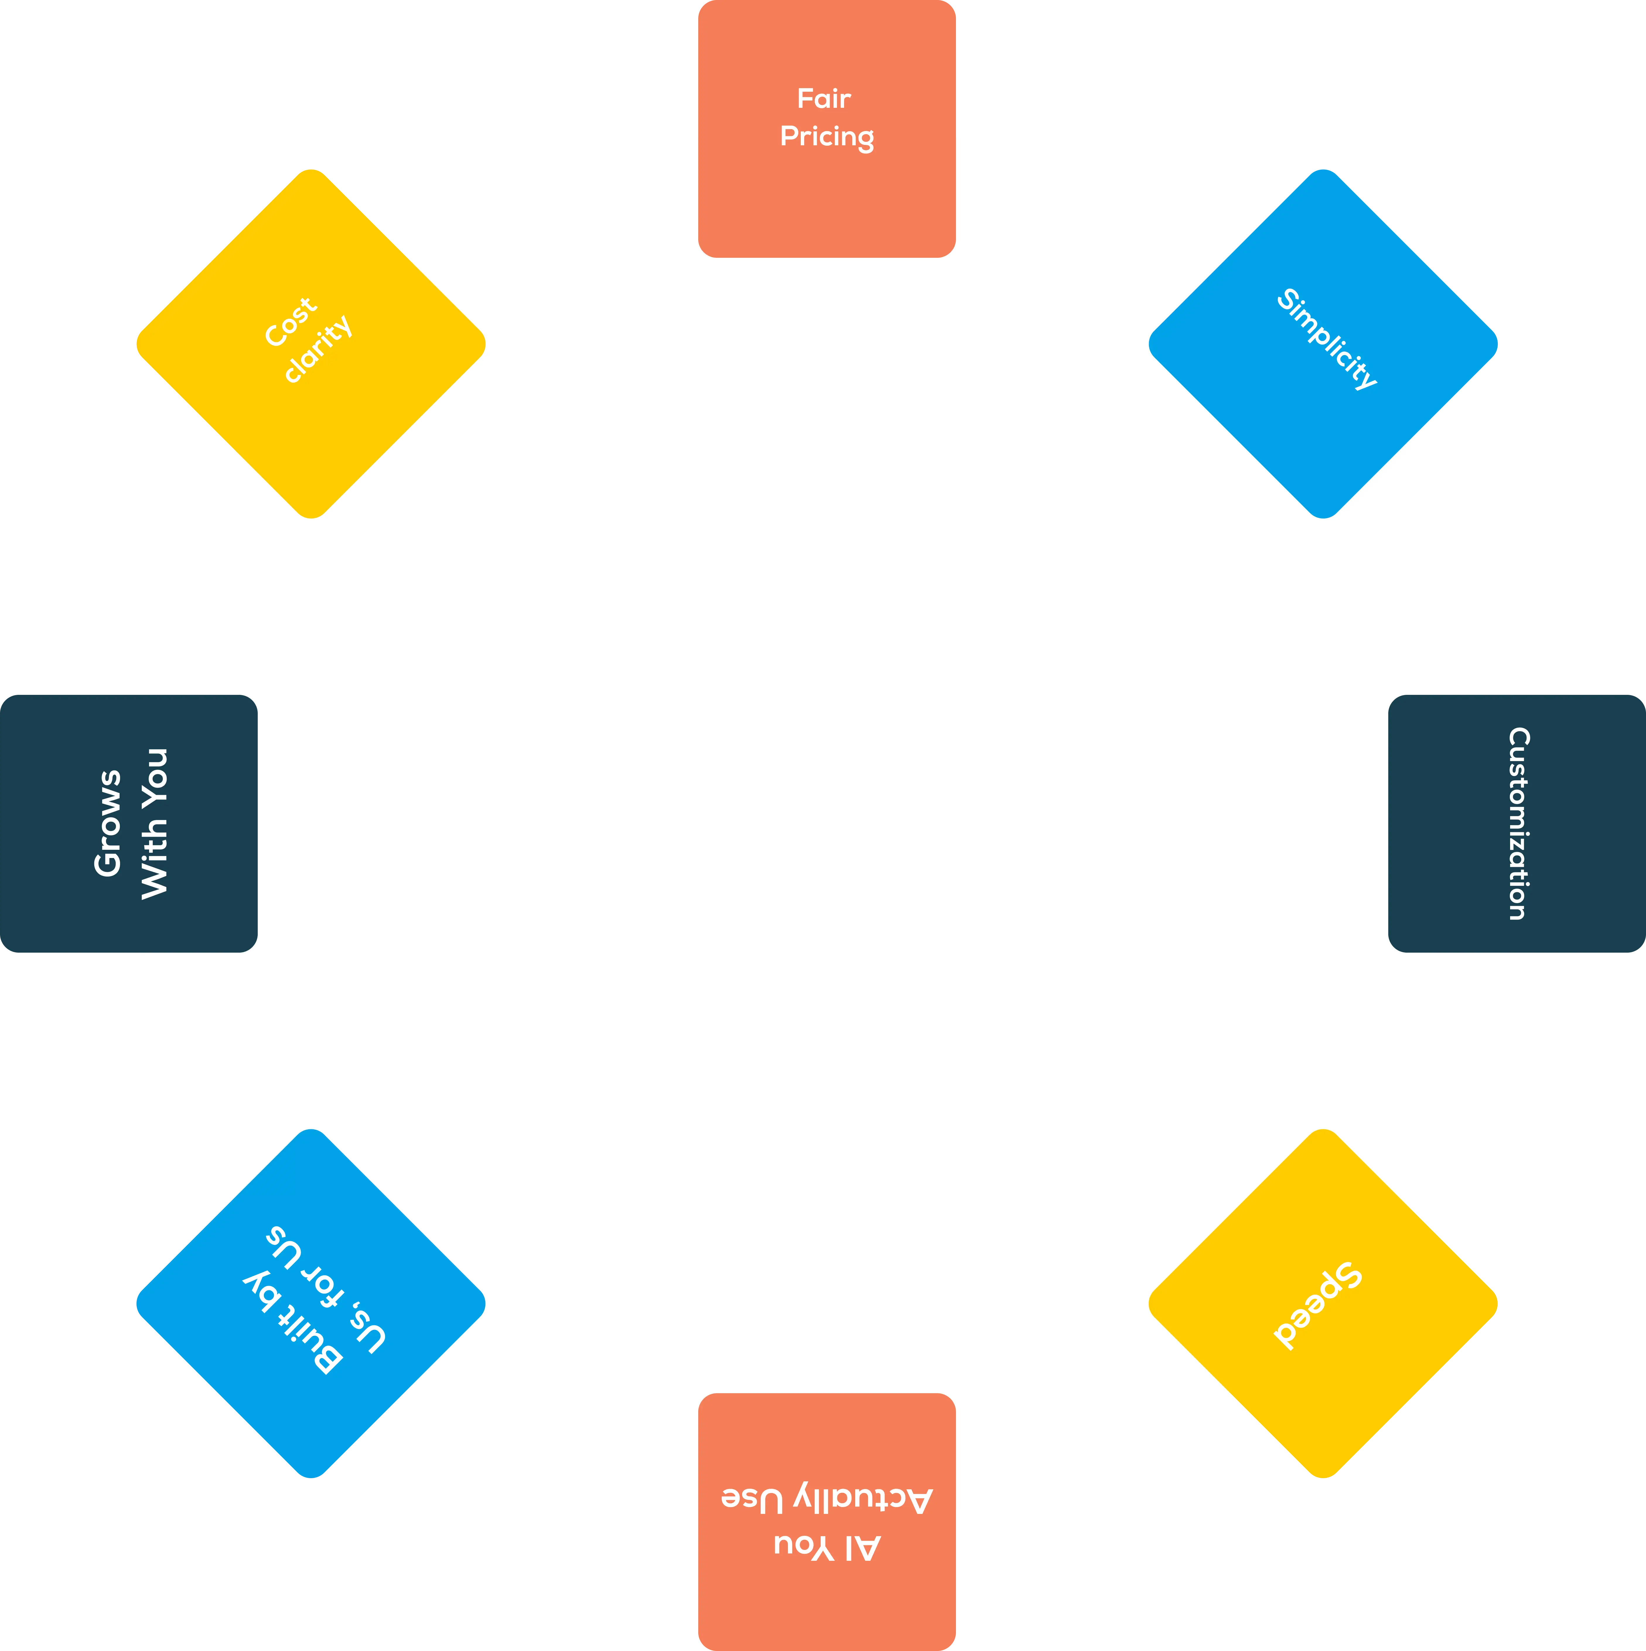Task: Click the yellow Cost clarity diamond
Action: point(311,344)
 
